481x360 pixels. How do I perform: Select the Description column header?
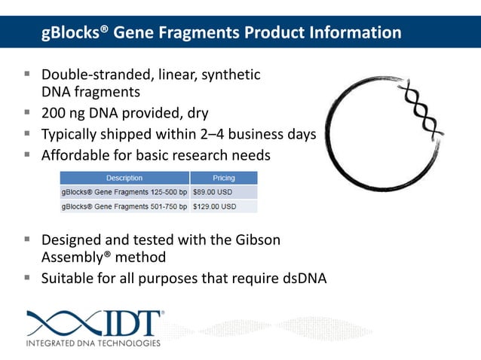pyautogui.click(x=124, y=178)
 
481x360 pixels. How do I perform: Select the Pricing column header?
pyautogui.click(x=224, y=178)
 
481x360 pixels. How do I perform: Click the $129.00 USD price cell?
pyautogui.click(x=216, y=206)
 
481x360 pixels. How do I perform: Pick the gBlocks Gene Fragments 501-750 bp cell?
pyautogui.click(x=124, y=206)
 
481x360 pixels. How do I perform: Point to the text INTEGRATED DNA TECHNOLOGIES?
pyautogui.click(x=93, y=344)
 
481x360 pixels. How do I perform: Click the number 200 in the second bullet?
pyautogui.click(x=55, y=114)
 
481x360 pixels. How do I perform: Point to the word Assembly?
pyautogui.click(x=75, y=257)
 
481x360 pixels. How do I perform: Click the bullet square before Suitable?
pyautogui.click(x=26, y=277)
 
